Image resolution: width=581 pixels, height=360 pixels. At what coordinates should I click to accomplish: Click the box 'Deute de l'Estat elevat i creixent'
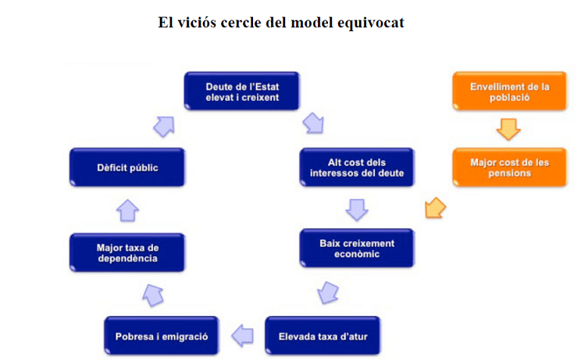(242, 91)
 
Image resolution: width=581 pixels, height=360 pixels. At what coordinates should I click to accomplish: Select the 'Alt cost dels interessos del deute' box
(356, 167)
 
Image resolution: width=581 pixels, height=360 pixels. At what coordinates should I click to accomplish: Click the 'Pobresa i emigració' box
(162, 337)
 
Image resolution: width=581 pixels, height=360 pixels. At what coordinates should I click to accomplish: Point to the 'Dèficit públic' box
(127, 167)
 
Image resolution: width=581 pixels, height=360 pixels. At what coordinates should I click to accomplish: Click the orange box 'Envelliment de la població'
(510, 91)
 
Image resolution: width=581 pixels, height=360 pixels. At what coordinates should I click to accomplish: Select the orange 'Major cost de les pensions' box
(510, 167)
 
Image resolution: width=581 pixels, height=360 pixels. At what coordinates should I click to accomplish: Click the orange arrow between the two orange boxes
(508, 129)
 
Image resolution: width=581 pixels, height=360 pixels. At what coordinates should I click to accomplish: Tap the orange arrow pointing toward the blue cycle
(435, 209)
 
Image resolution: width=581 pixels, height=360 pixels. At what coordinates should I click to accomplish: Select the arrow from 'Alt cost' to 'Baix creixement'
(356, 209)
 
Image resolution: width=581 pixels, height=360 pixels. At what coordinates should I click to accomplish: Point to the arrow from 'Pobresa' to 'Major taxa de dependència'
(153, 294)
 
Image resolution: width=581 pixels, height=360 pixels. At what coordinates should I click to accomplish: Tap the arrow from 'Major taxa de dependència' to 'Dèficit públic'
(127, 210)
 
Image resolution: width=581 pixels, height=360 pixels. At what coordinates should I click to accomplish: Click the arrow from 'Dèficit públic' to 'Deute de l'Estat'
(165, 125)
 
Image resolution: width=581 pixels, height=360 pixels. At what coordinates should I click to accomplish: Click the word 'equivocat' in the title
(371, 22)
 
